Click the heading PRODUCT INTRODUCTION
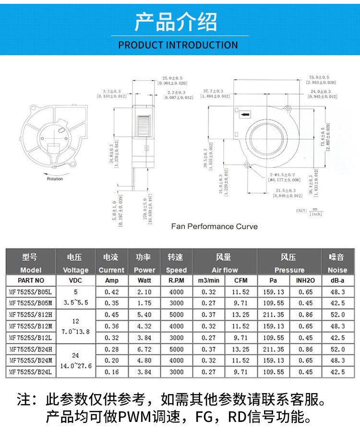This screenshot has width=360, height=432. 178,45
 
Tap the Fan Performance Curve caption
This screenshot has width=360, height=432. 215,226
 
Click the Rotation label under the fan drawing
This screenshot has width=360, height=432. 55,179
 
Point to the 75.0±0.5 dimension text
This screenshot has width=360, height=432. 319,77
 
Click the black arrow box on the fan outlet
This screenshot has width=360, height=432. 245,115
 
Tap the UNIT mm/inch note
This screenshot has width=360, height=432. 310,212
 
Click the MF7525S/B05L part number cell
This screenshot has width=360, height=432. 31,292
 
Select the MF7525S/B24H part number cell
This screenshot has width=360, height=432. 31,349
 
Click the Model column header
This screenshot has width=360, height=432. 31,270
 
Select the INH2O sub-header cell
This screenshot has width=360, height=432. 305,280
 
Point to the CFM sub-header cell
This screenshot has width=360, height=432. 240,280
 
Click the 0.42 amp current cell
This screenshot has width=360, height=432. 111,292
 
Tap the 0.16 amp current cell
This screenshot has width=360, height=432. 111,372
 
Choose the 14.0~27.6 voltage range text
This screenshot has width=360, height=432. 75,366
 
